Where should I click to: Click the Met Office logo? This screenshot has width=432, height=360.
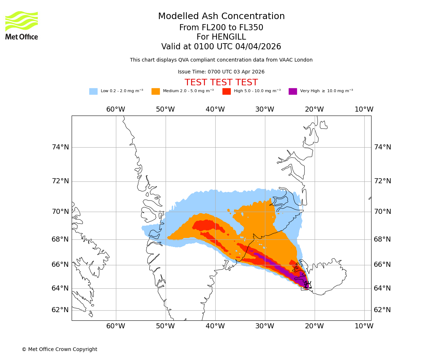click(x=22, y=25)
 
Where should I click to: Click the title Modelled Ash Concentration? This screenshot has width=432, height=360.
click(x=221, y=16)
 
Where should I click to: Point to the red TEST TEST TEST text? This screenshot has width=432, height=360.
click(x=221, y=82)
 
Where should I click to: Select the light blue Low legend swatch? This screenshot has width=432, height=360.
click(x=93, y=91)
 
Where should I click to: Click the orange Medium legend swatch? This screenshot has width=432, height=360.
click(x=156, y=91)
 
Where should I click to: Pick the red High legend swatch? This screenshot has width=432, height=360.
click(x=226, y=91)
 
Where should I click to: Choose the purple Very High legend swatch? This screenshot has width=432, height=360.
click(x=293, y=91)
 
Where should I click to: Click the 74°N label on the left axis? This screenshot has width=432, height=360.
click(x=60, y=147)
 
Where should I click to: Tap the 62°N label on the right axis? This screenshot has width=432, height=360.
click(x=382, y=310)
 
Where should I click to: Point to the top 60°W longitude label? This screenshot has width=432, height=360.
click(x=116, y=109)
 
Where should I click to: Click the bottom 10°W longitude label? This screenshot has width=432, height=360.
click(x=364, y=326)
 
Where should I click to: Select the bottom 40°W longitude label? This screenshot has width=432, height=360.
click(x=215, y=326)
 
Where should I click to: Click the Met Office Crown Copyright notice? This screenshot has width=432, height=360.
click(x=59, y=349)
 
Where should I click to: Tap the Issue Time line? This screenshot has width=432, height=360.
click(x=221, y=72)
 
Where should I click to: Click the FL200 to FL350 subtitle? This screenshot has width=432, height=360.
click(x=221, y=28)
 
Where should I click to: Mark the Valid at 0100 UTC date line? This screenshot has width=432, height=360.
click(x=221, y=47)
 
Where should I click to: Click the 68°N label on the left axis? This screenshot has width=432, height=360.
click(x=60, y=239)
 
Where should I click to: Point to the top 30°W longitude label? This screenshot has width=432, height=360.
click(x=265, y=109)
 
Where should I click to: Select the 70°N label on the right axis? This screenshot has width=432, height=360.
click(x=382, y=211)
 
